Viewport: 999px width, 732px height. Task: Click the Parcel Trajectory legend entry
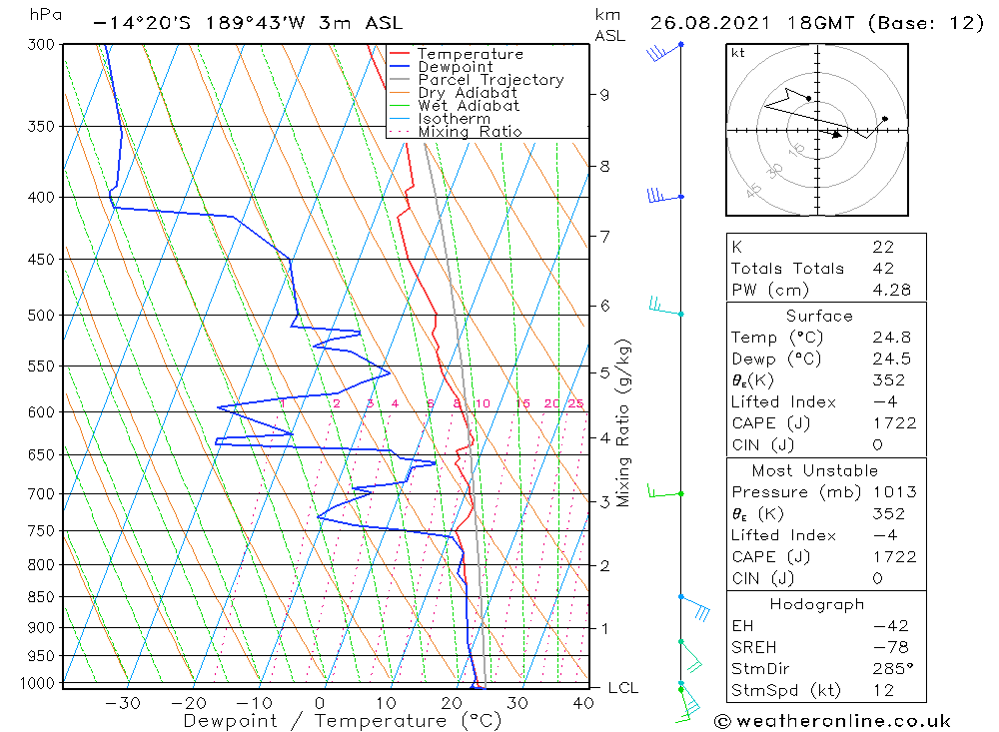pyautogui.click(x=491, y=80)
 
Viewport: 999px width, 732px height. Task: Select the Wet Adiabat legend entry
pyautogui.click(x=469, y=106)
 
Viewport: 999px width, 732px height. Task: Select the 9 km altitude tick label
pyautogui.click(x=604, y=95)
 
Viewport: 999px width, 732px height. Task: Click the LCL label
pyautogui.click(x=622, y=688)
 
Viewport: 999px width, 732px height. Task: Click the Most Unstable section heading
pyautogui.click(x=815, y=470)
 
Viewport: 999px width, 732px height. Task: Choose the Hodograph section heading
pyautogui.click(x=815, y=604)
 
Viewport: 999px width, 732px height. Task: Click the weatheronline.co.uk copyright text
pyautogui.click(x=832, y=721)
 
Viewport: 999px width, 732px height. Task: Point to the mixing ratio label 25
pyautogui.click(x=575, y=403)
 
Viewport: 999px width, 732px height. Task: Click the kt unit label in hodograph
pyautogui.click(x=738, y=53)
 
